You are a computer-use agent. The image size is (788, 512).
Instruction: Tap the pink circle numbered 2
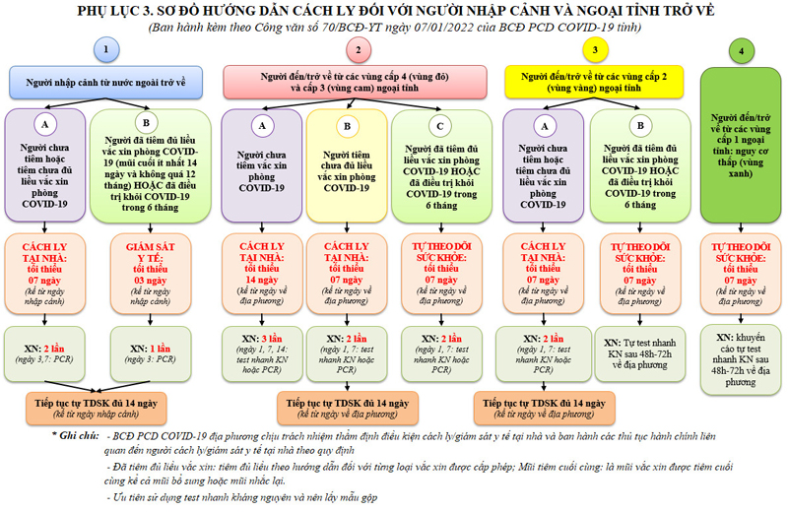pos(360,50)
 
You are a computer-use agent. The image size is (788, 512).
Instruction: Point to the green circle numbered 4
pos(741,50)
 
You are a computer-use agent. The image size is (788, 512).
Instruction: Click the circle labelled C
pos(440,124)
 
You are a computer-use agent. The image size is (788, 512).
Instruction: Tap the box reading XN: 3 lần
pos(262,349)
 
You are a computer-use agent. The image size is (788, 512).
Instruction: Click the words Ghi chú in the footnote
pos(75,434)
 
